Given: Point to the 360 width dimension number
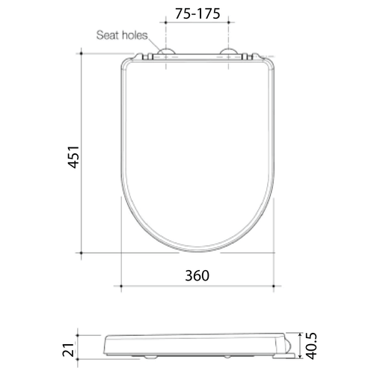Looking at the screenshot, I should [195, 275].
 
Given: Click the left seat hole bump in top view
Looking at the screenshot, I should [165, 54].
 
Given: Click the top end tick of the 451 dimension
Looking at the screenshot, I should [80, 53].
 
